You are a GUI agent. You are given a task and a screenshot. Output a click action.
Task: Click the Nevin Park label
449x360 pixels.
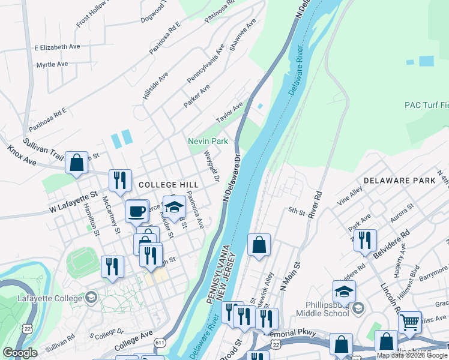coord(208,141)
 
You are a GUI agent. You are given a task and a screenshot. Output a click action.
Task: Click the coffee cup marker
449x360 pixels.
coord(137,211)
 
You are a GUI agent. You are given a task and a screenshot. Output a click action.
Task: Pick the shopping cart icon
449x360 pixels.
coord(409,322)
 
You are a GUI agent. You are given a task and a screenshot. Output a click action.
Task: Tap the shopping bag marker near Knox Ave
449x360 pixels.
coord(76,163)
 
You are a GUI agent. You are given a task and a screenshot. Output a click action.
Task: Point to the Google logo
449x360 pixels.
coord(20,353)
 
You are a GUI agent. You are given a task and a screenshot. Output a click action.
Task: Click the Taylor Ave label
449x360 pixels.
coord(230,112)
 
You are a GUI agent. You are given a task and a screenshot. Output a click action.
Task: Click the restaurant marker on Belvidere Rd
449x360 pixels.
coord(364,240)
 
